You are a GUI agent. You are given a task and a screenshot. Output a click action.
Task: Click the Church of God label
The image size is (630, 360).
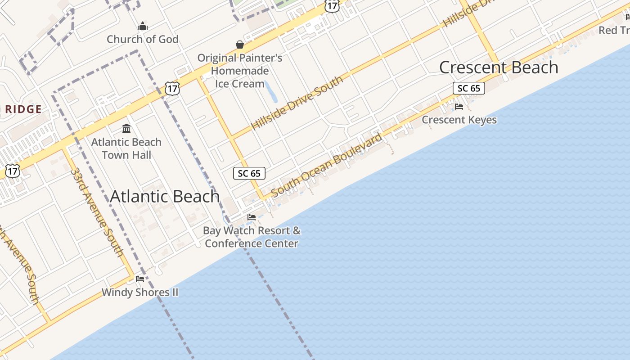143,39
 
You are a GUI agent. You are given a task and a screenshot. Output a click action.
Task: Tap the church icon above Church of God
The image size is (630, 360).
143,27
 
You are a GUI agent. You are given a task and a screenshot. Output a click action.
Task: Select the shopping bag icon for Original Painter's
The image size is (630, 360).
240,45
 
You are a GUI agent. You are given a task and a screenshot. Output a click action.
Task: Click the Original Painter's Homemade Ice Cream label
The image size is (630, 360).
240,71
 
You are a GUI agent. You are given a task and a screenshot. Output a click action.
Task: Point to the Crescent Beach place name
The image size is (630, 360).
499,67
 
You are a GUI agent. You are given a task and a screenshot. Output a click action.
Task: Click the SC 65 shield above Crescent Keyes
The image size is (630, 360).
468,88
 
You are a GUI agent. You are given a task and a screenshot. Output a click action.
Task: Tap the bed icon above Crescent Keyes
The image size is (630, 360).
459,107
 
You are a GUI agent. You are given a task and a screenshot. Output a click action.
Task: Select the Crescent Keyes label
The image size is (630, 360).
459,120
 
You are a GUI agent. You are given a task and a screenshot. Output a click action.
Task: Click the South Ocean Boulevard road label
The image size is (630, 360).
327,164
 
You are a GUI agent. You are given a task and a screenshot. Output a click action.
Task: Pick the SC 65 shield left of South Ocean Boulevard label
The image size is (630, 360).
249,173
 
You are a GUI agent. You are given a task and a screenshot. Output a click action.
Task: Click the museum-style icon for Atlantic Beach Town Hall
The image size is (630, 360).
126,129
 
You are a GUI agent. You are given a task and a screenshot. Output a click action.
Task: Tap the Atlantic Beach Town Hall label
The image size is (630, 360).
126,148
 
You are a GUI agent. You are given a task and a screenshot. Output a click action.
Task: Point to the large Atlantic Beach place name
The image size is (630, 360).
165,196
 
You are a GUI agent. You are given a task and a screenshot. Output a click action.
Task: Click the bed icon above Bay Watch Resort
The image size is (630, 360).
252,217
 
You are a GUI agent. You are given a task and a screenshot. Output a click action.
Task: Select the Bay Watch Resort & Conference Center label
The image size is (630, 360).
252,237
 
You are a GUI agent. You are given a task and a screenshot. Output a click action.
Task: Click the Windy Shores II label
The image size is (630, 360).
140,292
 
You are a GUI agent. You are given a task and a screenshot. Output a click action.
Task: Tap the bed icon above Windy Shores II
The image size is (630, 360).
140,279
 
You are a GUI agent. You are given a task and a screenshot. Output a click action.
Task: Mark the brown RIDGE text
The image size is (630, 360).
23,109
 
